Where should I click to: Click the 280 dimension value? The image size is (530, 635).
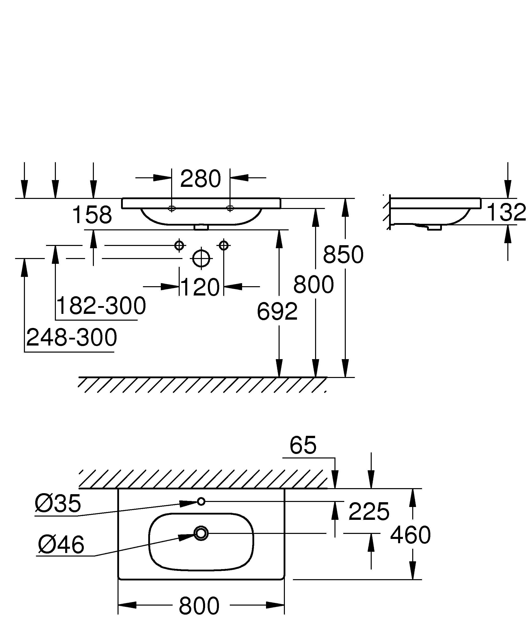[200, 179]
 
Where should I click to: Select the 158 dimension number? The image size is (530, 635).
[92, 215]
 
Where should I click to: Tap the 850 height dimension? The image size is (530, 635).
[343, 255]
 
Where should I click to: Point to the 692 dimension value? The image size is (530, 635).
[277, 312]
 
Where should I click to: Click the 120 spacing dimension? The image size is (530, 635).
[200, 287]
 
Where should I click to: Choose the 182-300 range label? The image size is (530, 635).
[101, 306]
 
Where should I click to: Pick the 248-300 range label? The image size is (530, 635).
[71, 337]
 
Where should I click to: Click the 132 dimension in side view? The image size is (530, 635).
[506, 213]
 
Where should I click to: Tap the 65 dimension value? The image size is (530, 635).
[303, 445]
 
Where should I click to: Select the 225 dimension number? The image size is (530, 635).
[369, 512]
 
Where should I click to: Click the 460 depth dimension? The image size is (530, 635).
[410, 535]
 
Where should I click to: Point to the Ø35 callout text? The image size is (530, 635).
[58, 504]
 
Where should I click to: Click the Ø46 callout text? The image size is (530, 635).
[61, 544]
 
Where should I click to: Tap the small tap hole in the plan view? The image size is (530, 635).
[201, 501]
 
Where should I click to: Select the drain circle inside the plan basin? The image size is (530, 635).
[201, 533]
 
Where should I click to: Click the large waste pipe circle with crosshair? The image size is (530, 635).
[201, 259]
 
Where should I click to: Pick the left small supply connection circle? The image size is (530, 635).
[179, 245]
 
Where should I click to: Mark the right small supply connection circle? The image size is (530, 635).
[223, 245]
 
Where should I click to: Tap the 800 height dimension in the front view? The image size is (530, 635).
[313, 285]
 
